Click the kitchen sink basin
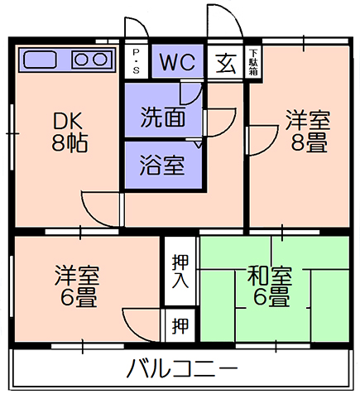click(41, 60)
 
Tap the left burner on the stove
click(82, 60)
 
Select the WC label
click(178, 62)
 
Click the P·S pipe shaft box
click(136, 62)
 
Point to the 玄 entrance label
click(226, 64)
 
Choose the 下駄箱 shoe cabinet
click(253, 62)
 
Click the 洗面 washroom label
click(163, 117)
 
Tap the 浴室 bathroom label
click(162, 165)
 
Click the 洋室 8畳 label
click(308, 131)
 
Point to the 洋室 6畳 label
click(77, 286)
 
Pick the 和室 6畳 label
click(270, 285)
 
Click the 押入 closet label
click(180, 271)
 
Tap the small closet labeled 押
click(180, 325)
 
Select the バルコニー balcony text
click(182, 368)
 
